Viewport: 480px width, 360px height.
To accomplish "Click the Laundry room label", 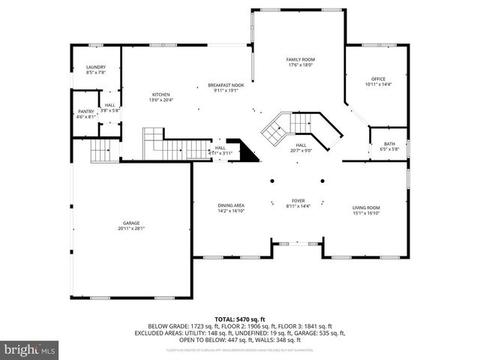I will tap(95, 67).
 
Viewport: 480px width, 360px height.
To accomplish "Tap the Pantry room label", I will tap(86, 111).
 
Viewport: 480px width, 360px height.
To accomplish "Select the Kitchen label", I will tap(161, 94).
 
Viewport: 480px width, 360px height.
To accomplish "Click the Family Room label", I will tap(299, 59).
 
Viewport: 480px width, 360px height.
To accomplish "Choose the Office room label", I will tap(378, 79).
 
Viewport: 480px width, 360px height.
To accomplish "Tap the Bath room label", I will tap(389, 143).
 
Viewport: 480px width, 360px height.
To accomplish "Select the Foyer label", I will tap(298, 201).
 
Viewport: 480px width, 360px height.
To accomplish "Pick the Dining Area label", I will tap(231, 205).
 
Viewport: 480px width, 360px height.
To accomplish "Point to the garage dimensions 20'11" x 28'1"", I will tap(132, 229).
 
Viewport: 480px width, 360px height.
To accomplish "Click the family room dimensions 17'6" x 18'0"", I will tap(299, 65).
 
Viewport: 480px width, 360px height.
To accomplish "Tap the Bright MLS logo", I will tap(30, 349).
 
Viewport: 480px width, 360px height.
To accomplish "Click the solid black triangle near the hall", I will tap(245, 149).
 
